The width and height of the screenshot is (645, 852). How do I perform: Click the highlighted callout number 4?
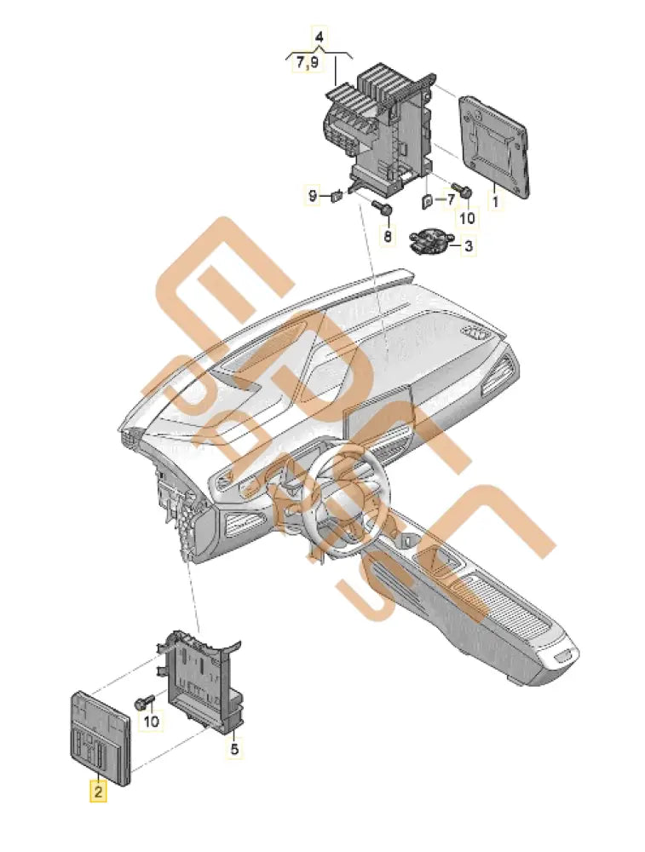[x=319, y=37]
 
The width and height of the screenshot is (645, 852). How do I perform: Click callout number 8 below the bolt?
[x=388, y=236]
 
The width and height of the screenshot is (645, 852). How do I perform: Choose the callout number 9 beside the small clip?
[x=313, y=197]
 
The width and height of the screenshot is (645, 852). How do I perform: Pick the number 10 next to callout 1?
[x=466, y=218]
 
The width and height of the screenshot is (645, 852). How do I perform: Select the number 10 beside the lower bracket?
[x=151, y=722]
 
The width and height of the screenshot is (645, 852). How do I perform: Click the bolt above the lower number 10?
[x=143, y=702]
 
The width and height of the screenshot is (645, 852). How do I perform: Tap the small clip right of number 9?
[x=337, y=196]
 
